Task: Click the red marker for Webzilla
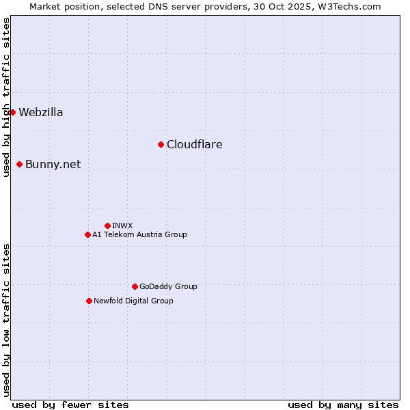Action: click(x=12, y=112)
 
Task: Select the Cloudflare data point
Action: click(x=161, y=144)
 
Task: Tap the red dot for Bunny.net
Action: click(x=19, y=164)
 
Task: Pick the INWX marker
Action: click(x=107, y=225)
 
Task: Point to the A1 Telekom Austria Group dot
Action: click(x=87, y=234)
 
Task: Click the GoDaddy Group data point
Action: click(x=135, y=286)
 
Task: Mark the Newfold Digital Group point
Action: click(x=89, y=301)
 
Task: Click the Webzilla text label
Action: click(x=41, y=113)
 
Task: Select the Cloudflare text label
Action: click(x=195, y=145)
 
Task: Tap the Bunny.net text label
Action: click(x=53, y=165)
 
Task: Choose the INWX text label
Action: click(x=123, y=225)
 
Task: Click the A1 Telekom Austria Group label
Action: click(x=140, y=234)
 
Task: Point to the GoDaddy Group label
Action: click(x=168, y=286)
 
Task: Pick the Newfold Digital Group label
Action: click(x=134, y=301)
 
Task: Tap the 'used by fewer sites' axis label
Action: click(x=70, y=405)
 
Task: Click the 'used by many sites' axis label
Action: click(x=343, y=405)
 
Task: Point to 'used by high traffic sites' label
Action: click(x=6, y=97)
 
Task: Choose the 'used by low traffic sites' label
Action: click(x=6, y=320)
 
